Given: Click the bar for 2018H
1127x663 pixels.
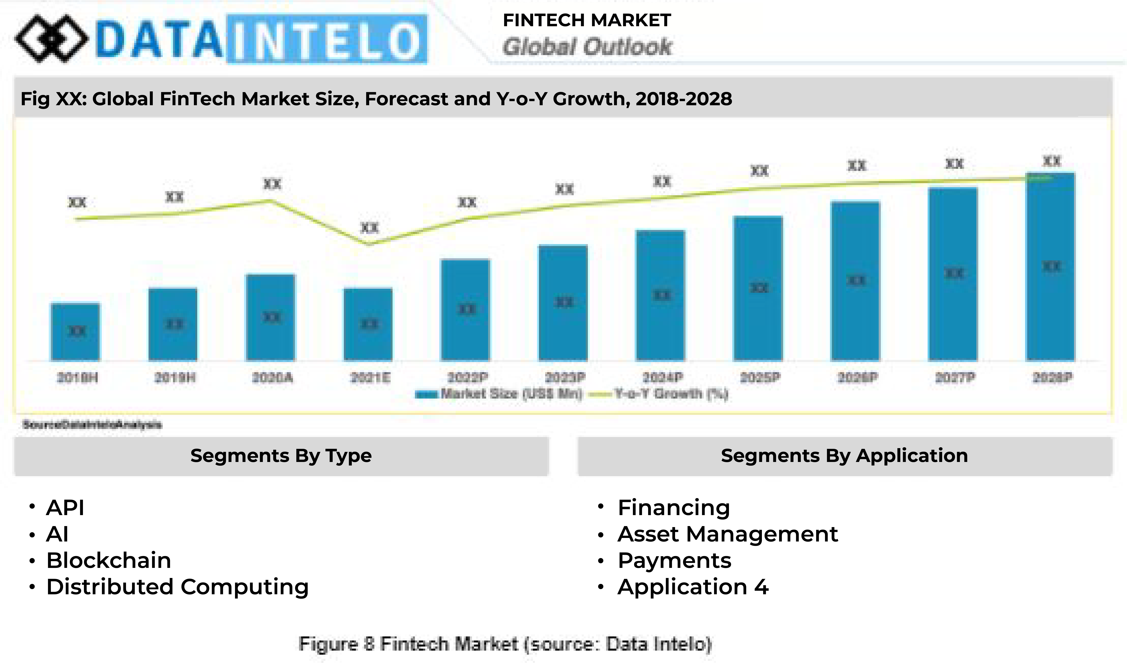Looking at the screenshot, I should (x=75, y=332).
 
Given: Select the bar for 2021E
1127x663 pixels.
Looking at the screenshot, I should (x=368, y=324).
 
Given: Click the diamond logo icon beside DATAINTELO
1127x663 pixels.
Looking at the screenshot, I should (x=51, y=39).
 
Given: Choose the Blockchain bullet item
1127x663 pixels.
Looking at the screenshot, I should (x=109, y=561).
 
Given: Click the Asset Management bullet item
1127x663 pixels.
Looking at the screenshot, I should (x=728, y=534).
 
